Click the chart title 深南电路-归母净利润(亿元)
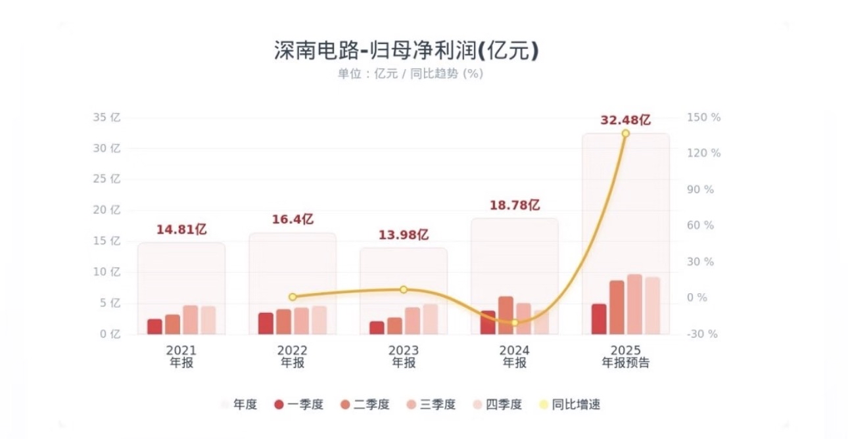pos(406,50)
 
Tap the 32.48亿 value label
pos(625,120)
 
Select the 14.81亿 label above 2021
pos(181,229)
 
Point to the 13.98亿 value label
pos(403,235)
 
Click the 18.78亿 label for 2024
pos(514,205)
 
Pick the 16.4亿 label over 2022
pos(293,219)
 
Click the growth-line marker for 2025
pos(625,133)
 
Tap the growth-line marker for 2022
pos(293,297)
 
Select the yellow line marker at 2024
pos(515,323)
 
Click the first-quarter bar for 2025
pos(599,319)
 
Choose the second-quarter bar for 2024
pos(506,315)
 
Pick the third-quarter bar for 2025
pos(634,304)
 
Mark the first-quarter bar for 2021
pos(154,327)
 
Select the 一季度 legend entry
pos(299,404)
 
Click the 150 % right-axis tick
pos(704,118)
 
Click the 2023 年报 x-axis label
pos(403,356)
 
